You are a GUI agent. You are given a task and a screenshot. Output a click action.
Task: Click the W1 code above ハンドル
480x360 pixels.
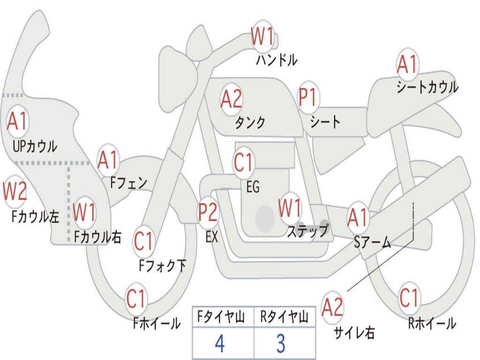pos(262,36)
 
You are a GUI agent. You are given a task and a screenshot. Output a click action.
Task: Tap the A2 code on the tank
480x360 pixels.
pos(232,99)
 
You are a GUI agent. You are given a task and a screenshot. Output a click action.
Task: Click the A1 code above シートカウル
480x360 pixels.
pos(407,64)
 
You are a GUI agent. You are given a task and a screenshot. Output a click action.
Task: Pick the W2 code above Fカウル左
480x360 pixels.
pos(15,191)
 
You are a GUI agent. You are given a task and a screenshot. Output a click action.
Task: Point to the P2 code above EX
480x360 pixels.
pos(208,212)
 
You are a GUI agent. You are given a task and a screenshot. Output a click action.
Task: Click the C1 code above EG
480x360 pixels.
pos(243,162)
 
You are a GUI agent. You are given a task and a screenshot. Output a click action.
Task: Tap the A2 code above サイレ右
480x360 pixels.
pos(332,307)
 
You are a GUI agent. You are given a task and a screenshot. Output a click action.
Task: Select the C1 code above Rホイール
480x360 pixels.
pos(409,298)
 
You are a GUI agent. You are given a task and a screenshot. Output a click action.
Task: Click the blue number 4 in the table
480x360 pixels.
pos(220,344)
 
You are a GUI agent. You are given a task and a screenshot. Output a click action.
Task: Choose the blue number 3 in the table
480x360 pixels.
pos(281,344)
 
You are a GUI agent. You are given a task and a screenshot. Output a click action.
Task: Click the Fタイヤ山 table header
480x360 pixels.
pos(221,316)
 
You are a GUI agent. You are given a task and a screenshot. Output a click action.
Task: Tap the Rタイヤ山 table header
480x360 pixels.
pos(284,316)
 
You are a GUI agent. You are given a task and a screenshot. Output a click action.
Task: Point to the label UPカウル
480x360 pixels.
pos(35,146)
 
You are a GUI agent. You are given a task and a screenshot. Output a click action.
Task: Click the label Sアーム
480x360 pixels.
pos(373,242)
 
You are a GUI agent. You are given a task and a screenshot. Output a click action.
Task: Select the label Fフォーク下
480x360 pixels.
pos(162,266)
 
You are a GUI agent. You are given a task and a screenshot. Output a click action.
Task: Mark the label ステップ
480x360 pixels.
pos(308,231)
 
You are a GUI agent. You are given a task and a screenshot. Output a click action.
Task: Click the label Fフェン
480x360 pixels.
pos(128,183)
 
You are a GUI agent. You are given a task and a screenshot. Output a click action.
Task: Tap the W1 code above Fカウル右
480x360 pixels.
pos(84,212)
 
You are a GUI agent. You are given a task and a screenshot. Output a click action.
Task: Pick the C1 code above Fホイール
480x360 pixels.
pos(136,299)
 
